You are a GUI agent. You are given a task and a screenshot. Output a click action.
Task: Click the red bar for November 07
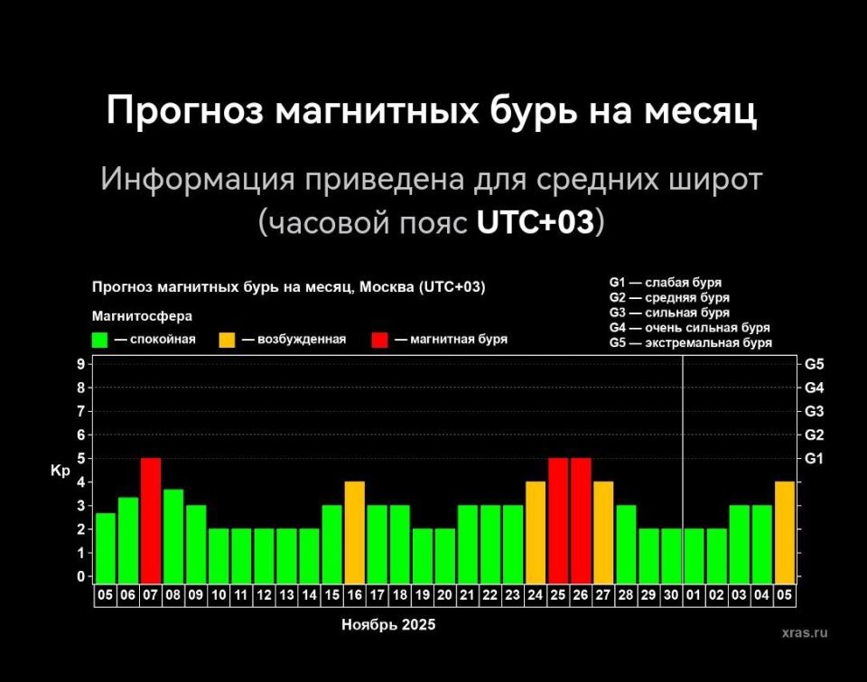coord(151,520)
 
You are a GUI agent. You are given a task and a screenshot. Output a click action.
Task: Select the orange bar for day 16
coord(355,532)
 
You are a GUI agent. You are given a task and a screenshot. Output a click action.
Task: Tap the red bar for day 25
coord(558,520)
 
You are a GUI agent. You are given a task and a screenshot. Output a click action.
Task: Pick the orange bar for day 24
coord(536,532)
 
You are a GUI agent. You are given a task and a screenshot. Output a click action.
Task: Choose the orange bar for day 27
coord(603,532)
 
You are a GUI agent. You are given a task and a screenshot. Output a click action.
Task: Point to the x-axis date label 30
coord(671,596)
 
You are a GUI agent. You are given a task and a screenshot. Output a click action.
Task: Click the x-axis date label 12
coord(264,596)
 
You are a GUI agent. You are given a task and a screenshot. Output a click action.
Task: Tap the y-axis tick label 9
coord(80,364)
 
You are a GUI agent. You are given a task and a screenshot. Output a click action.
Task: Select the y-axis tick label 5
coord(80,458)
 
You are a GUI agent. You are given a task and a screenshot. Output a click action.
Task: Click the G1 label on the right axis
coord(814,458)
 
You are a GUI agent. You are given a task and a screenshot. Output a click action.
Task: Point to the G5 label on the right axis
coord(814,364)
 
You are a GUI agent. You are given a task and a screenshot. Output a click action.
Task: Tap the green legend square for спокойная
coord(100,340)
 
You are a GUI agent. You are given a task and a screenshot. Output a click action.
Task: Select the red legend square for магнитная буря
coord(379,340)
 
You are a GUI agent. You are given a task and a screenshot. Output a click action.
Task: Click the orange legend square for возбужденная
coord(227,340)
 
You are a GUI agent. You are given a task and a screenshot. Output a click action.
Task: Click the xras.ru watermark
coord(805,632)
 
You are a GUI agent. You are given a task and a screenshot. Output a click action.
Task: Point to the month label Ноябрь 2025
coord(388,624)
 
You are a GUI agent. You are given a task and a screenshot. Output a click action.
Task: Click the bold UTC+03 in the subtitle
coord(535,222)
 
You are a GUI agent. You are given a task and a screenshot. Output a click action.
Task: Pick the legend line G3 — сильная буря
coord(669,313)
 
